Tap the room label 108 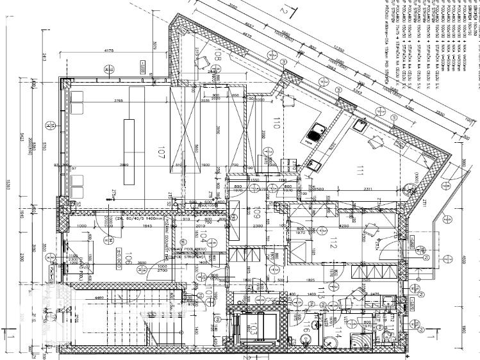pyautogui.click(x=217, y=54)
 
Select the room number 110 pyautogui.click(x=277, y=124)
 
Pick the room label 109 pyautogui.click(x=256, y=212)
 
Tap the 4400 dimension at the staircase pyautogui.click(x=82, y=297)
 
